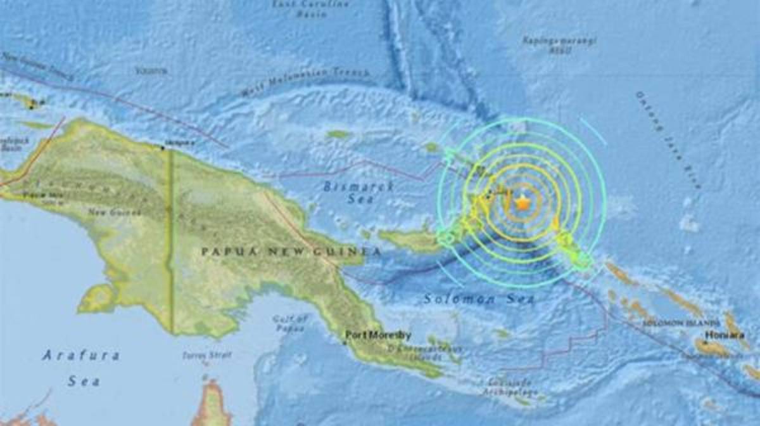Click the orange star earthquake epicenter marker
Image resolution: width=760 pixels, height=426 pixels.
click(522, 203)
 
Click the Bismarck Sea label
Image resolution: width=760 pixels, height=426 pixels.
click(358, 193)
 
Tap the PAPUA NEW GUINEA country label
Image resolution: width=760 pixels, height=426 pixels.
click(291, 252)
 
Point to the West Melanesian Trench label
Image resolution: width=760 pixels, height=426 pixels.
click(305, 83)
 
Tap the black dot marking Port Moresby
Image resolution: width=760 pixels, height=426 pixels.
click(345, 343)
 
